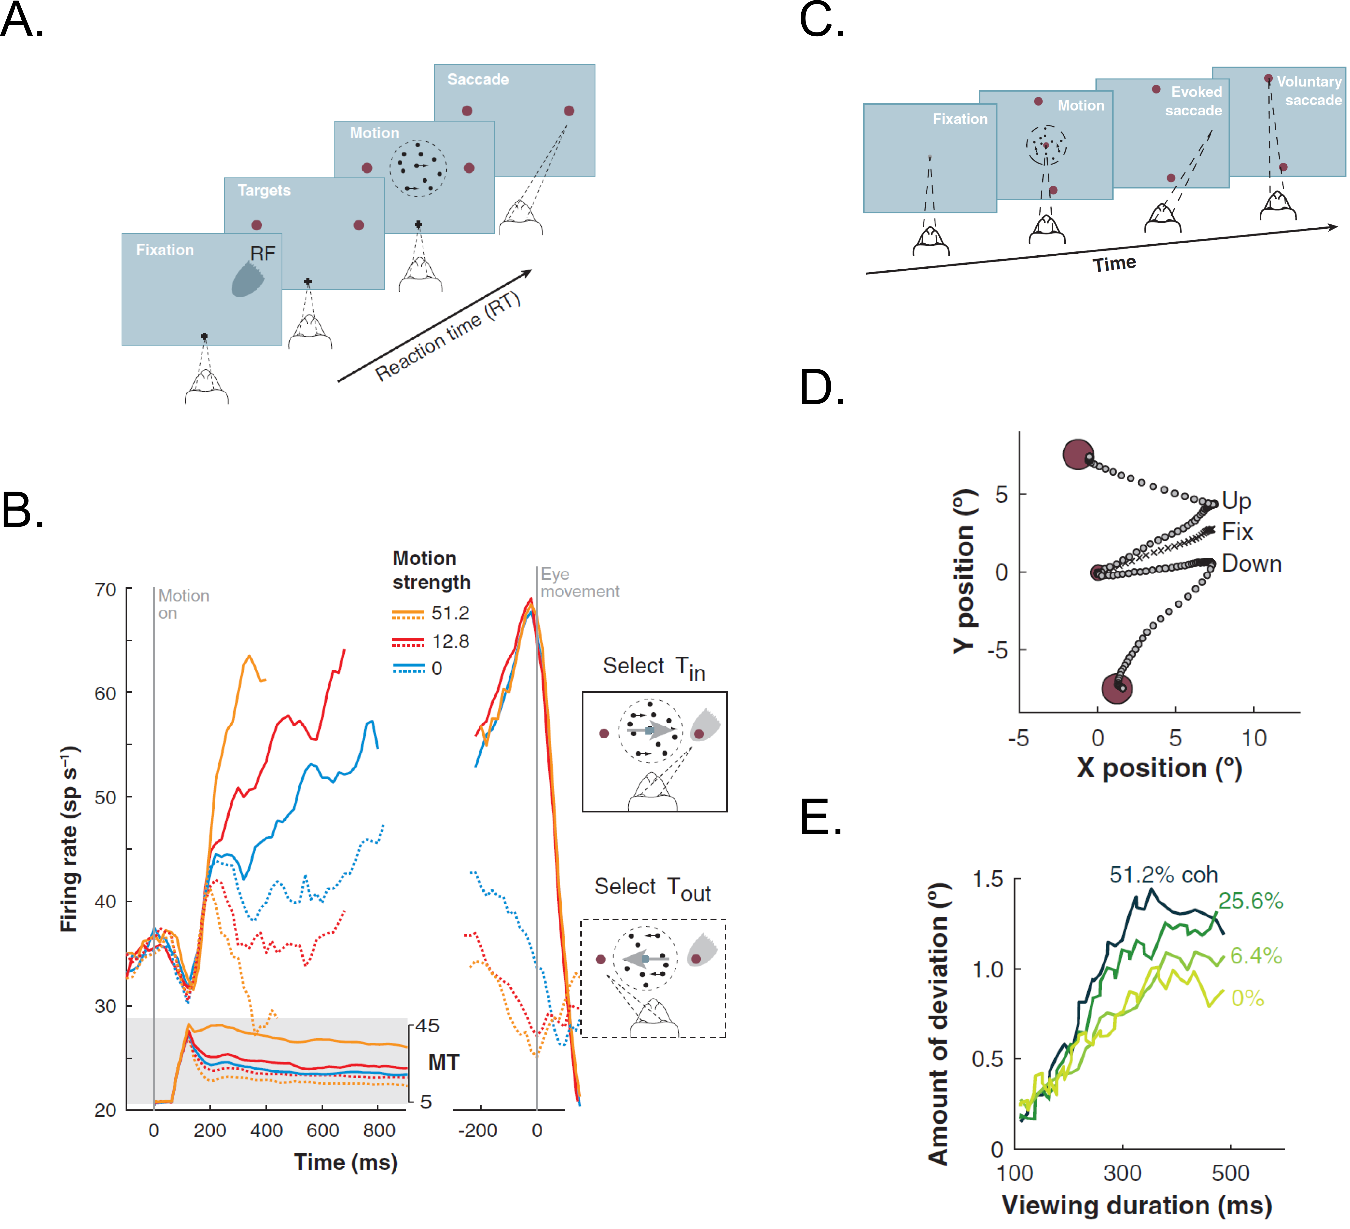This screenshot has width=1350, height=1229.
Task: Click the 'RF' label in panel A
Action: [x=263, y=254]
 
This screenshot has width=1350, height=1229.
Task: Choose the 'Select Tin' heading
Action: [x=654, y=668]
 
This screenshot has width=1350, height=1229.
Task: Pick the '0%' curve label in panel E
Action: [x=1248, y=999]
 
